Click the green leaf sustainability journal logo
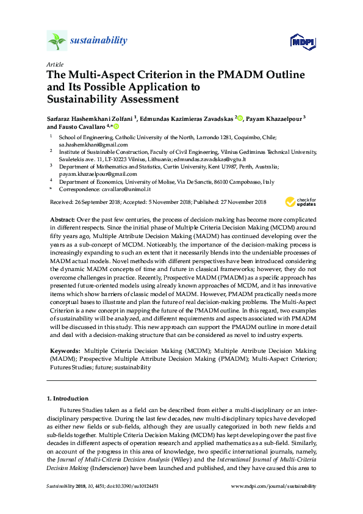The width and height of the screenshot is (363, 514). click(x=57, y=41)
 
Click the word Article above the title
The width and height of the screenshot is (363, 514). click(x=55, y=64)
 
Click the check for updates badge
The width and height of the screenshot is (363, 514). click(x=300, y=201)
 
